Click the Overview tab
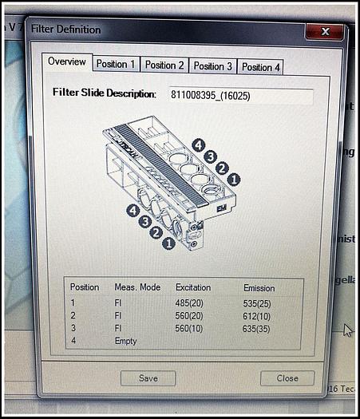[66, 61]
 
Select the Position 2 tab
[164, 65]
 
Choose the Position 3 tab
[213, 66]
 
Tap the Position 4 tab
[261, 67]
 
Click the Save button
[148, 377]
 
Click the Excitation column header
[193, 287]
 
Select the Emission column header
[259, 288]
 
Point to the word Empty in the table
[125, 341]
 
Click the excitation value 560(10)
[189, 328]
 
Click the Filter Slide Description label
[104, 93]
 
